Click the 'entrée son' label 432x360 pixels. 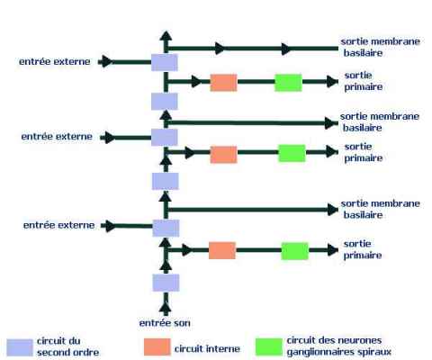165,323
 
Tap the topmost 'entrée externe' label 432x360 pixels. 55,61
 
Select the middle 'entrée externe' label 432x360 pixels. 57,137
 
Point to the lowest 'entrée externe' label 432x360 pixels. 58,225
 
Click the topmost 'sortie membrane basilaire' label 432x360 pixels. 380,47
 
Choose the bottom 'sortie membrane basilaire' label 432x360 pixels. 380,209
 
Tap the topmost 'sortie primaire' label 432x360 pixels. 364,81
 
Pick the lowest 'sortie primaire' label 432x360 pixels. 363,249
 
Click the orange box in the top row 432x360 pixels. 223,83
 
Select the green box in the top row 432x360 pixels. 288,83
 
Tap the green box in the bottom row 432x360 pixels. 294,251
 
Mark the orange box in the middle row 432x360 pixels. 223,155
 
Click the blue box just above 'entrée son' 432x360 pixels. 166,283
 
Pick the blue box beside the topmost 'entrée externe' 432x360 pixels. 165,62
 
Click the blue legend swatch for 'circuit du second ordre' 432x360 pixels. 20,347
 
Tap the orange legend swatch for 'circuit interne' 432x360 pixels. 157,346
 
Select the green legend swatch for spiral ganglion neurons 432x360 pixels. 269,346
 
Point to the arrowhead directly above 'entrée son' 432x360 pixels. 166,309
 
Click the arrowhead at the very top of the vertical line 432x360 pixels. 166,36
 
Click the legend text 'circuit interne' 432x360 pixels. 207,348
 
